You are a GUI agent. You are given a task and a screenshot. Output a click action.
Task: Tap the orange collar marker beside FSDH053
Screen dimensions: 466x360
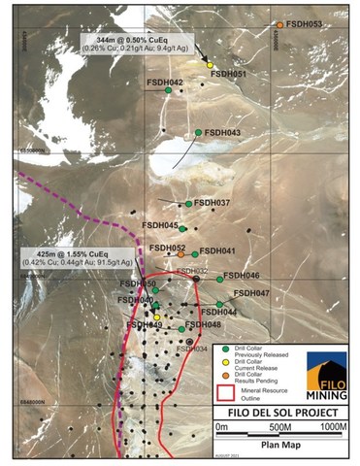click(280, 25)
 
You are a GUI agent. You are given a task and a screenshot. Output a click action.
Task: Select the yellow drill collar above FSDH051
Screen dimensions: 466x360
click(211, 65)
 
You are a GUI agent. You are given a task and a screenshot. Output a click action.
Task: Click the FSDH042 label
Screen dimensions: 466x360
click(164, 83)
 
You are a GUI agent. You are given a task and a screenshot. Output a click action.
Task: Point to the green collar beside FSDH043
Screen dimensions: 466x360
click(198, 133)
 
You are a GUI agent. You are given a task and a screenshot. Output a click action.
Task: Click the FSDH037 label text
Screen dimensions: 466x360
click(211, 202)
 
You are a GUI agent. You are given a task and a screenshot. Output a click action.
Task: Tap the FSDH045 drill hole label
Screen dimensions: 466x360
click(160, 225)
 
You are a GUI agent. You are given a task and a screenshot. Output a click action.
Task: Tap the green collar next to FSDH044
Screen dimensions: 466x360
click(220, 304)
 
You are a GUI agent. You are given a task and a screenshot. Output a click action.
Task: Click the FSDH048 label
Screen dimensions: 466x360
click(202, 325)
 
